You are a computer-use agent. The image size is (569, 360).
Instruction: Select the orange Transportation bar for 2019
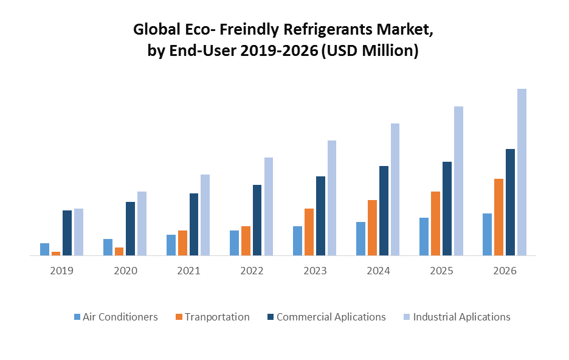coord(56,253)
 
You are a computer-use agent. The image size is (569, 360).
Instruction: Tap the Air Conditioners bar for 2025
coord(424,237)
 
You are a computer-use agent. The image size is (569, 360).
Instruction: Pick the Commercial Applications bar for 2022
coord(257,220)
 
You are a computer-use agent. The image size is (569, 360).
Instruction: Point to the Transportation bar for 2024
coord(372,227)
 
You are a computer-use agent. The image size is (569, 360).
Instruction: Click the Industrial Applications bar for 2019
coord(78,232)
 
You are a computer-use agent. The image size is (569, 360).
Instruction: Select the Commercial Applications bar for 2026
coord(510,202)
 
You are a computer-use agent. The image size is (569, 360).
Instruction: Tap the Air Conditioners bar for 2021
coord(171,245)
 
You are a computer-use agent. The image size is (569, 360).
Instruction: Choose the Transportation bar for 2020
coord(119,251)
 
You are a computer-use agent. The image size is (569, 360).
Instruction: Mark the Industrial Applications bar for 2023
coord(332,198)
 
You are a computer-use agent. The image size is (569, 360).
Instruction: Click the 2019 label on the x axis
coord(61,271)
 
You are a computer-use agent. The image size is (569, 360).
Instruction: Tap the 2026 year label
coord(505,271)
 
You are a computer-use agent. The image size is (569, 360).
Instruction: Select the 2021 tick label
coord(188,271)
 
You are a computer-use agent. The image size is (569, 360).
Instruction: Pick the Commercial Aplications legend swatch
coord(271,317)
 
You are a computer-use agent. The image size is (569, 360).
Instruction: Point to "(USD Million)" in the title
coord(370,51)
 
